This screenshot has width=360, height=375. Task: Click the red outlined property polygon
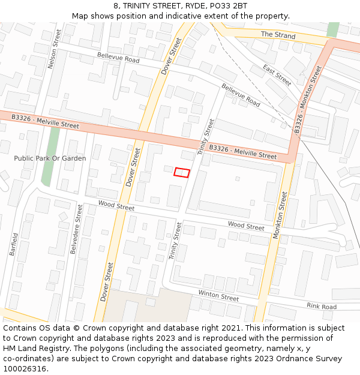click(x=182, y=173)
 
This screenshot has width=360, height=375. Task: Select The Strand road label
click(x=278, y=35)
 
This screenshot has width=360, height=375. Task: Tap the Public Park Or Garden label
click(x=50, y=158)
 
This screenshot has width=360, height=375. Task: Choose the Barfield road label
click(x=14, y=244)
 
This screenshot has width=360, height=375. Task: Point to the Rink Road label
click(x=322, y=307)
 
